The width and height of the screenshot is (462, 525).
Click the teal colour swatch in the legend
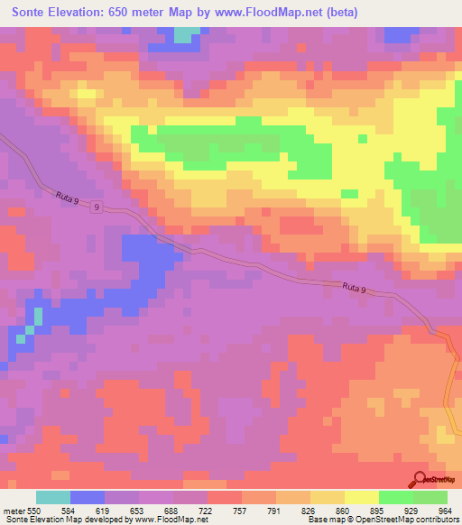[x=53, y=497]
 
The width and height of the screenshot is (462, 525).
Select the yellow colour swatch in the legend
[x=362, y=497]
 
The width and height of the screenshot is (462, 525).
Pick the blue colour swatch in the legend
[x=88, y=497]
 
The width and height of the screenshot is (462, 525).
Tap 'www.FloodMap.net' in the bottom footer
[x=171, y=520]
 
